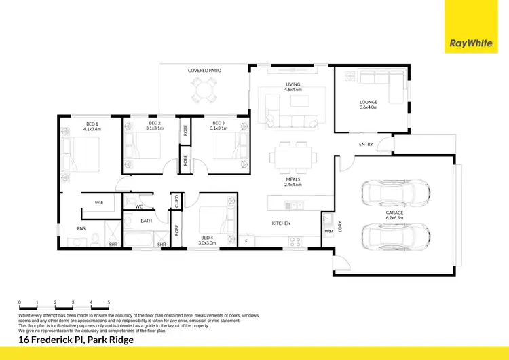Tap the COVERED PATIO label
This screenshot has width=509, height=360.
click(204, 70)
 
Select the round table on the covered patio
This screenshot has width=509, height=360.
click(204, 88)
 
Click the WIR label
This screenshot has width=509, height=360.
click(98, 202)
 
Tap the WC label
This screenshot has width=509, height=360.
click(138, 206)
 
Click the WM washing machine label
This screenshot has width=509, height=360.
click(329, 232)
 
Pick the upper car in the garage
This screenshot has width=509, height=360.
click(396, 193)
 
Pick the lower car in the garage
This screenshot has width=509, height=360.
click(396, 236)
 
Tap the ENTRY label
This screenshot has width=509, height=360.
click(366, 145)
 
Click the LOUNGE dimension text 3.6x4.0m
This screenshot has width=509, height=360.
click(368, 107)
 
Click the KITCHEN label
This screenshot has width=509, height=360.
click(282, 223)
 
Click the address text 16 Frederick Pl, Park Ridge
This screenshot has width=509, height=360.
click(76, 340)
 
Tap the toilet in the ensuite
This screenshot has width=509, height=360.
click(96, 238)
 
